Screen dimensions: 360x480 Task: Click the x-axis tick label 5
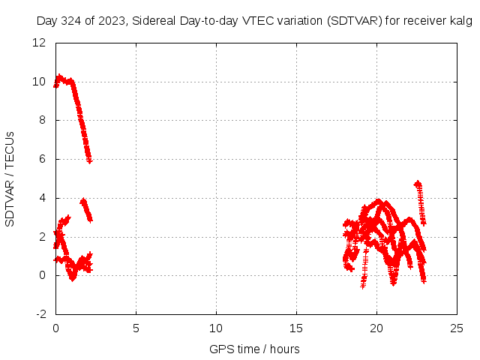136,328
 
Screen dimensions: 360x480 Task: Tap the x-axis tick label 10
216,328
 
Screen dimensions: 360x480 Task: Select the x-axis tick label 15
296,328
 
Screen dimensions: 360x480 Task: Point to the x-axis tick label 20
376,328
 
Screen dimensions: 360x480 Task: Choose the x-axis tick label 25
457,328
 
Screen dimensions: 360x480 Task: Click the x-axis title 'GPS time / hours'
255,349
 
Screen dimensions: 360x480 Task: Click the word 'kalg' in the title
461,21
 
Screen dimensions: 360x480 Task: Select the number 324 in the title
73,21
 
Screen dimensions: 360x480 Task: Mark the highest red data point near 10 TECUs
59,76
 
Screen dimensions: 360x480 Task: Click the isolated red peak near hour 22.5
417,183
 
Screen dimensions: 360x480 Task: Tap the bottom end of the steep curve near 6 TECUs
89,160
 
